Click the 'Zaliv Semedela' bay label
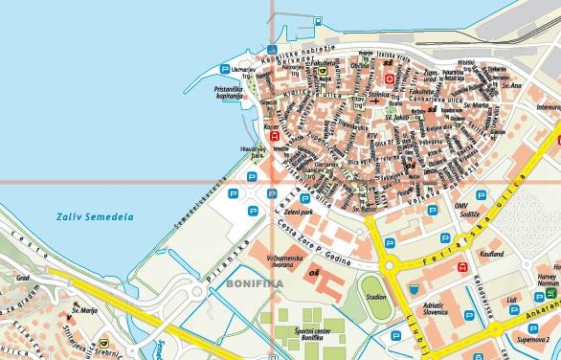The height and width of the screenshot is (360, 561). coord(94,217)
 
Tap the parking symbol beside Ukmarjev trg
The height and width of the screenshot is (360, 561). coord(226,69)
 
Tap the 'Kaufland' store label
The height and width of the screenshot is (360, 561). coord(493,254)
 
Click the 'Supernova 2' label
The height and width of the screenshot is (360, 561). coord(533,339)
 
